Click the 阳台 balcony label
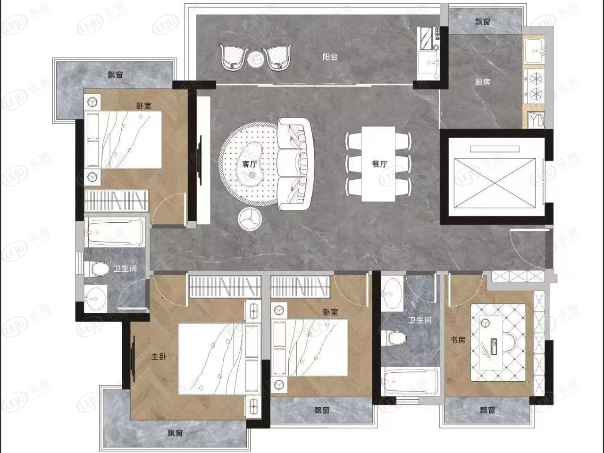(330, 57)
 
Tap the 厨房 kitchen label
(482, 82)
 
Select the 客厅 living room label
(250, 164)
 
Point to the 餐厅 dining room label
(379, 164)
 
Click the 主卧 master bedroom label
(159, 357)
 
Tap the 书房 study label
(458, 340)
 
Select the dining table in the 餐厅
(378, 164)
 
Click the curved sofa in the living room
(295, 164)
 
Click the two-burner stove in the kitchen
(534, 86)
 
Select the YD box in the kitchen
(536, 120)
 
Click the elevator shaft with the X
(495, 183)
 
